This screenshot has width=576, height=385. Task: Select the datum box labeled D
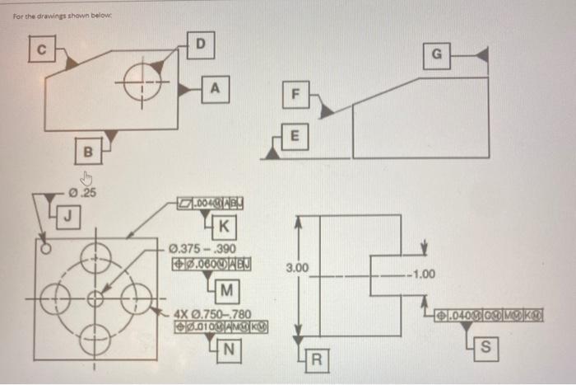(197, 40)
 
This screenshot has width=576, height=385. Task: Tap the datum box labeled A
(215, 86)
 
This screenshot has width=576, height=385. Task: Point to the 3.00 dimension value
(298, 268)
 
